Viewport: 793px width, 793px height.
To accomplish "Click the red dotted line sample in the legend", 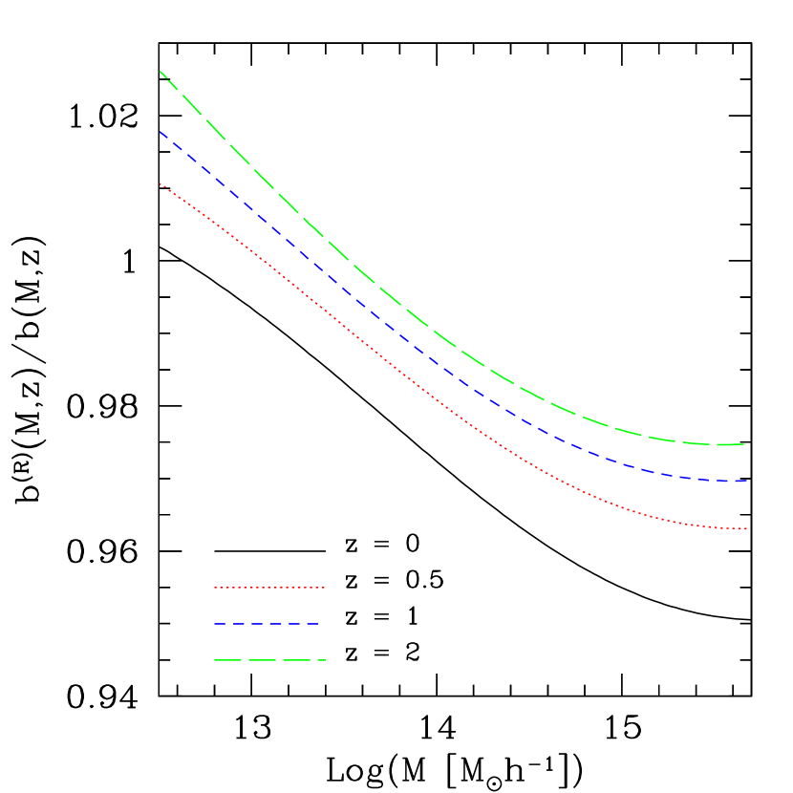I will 269,587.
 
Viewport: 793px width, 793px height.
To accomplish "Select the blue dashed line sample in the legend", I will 267,624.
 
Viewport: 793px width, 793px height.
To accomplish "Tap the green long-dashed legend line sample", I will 269,660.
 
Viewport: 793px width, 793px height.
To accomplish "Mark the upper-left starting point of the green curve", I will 160,71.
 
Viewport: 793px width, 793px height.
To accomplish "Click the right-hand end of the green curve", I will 743,444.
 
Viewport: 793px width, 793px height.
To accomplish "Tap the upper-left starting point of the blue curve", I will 160,132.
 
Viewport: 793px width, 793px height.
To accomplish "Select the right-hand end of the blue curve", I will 745,482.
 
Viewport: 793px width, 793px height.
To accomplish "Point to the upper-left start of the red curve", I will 160,183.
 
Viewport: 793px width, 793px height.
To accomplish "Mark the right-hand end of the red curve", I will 745,528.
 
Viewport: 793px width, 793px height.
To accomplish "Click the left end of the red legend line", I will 215,587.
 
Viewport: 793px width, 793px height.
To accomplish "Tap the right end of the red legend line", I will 324,587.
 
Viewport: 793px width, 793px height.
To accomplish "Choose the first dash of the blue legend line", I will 220,624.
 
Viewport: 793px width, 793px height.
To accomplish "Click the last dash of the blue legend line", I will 311,624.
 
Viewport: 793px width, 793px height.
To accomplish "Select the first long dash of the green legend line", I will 225,660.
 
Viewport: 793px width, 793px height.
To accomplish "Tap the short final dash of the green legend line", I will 321,660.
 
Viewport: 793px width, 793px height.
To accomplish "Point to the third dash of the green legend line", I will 296,660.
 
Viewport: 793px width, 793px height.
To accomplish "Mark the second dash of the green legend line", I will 261,660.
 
